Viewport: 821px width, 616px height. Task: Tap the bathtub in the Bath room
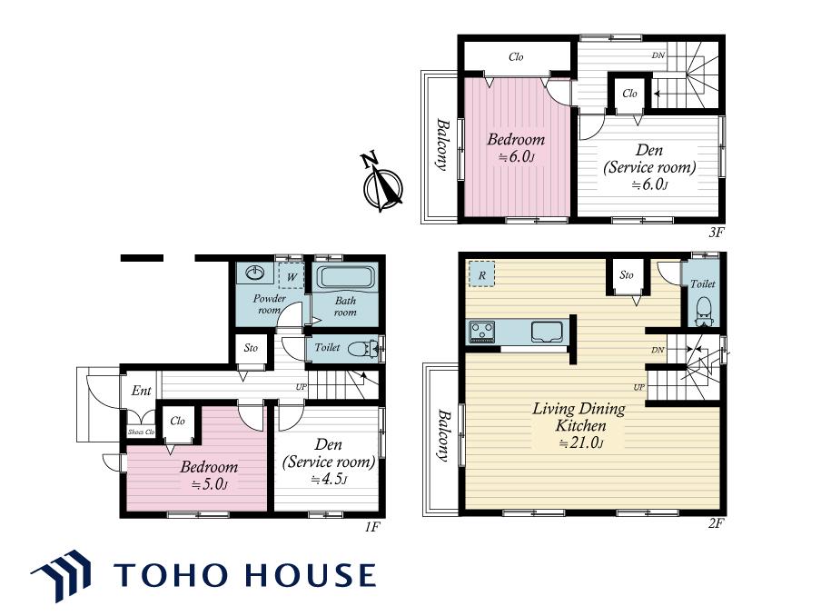point(346,277)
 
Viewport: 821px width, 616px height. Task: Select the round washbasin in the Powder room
point(255,273)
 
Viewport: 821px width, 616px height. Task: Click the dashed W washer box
point(292,275)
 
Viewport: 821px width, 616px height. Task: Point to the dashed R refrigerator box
point(481,274)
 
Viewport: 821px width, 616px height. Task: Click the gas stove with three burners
point(481,332)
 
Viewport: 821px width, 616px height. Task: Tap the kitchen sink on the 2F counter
point(547,332)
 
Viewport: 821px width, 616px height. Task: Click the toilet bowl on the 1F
point(363,348)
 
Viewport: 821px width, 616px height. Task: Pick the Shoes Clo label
point(142,432)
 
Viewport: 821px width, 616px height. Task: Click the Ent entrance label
point(142,391)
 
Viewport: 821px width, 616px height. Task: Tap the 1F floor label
point(371,526)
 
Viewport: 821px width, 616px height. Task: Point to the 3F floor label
point(717,232)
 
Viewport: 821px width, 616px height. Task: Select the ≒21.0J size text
point(580,443)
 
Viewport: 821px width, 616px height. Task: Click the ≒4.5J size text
point(329,480)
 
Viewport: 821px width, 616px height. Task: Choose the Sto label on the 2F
point(627,275)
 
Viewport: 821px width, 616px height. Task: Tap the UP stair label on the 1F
point(302,388)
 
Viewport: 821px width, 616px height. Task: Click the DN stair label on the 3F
point(658,55)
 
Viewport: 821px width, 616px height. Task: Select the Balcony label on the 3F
point(442,145)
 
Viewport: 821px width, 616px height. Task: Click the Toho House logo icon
point(61,576)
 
